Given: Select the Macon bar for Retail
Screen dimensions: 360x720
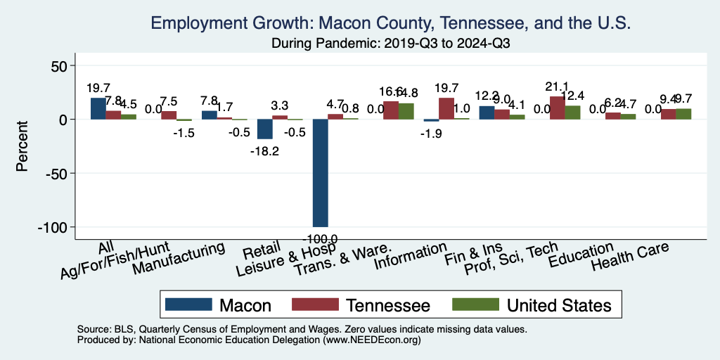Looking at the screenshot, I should [264, 129].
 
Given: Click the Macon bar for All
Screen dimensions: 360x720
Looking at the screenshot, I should [98, 108].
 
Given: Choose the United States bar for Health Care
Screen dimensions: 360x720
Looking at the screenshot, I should [683, 114].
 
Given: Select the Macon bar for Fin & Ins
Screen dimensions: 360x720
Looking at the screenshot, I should [487, 112].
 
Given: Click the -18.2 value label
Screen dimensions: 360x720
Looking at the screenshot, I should [264, 151].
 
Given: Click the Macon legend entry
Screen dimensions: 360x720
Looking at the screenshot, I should [218, 305].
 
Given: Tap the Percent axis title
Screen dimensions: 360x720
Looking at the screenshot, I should [22, 146].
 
